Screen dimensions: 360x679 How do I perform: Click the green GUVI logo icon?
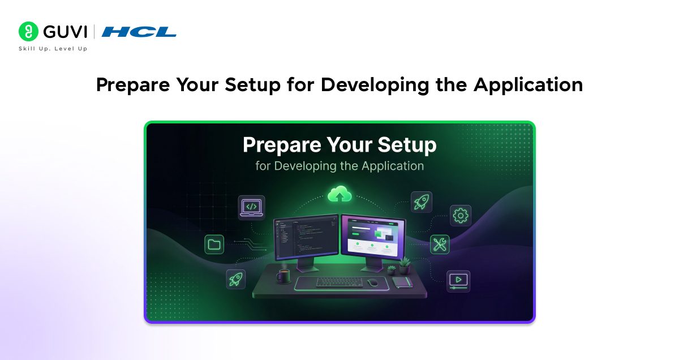[x=28, y=32]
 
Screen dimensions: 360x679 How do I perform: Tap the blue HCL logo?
[x=139, y=32]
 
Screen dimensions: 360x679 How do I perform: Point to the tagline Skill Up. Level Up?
[x=53, y=49]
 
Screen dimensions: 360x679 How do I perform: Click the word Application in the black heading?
[x=528, y=85]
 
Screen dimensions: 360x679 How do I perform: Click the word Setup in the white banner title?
[x=406, y=145]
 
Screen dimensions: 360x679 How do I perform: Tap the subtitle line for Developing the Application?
[x=339, y=166]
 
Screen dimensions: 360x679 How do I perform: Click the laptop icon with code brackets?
[x=251, y=207]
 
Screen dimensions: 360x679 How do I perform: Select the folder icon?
[x=214, y=245]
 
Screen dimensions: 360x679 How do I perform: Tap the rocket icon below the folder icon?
[x=235, y=278]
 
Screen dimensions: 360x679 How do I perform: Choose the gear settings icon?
[x=461, y=215]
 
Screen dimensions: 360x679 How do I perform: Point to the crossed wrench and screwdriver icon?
[x=439, y=245]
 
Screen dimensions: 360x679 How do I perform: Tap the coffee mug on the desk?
[x=283, y=276]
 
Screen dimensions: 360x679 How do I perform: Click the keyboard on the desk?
[x=339, y=281]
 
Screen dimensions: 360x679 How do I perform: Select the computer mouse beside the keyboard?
[x=372, y=282]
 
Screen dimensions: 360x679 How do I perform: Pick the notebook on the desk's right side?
[x=402, y=281]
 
